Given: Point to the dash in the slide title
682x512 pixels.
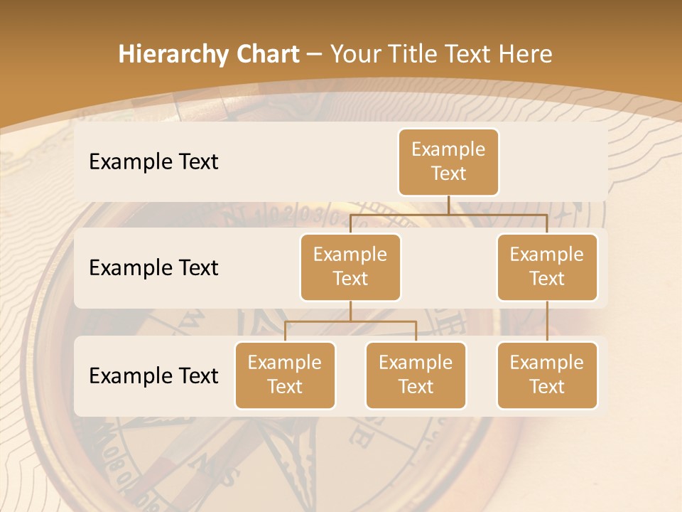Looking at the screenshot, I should tap(315, 55).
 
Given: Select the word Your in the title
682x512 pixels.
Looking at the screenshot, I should tap(353, 54).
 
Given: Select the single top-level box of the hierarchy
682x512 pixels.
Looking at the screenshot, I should tap(448, 162).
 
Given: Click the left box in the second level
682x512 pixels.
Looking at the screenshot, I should tap(350, 267).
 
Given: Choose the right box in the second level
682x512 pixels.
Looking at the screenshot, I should tap(547, 267).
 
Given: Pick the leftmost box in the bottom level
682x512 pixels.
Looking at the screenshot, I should tap(285, 375).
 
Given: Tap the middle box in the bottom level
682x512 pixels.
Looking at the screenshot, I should tap(416, 375).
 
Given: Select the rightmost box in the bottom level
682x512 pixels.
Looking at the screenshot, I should tap(547, 375).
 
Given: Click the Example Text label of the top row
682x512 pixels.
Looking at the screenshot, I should tap(153, 162).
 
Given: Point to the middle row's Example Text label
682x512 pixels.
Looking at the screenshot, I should tap(153, 268).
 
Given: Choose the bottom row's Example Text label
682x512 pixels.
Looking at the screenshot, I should tap(153, 375).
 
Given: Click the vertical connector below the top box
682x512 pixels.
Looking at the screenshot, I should tap(448, 205).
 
